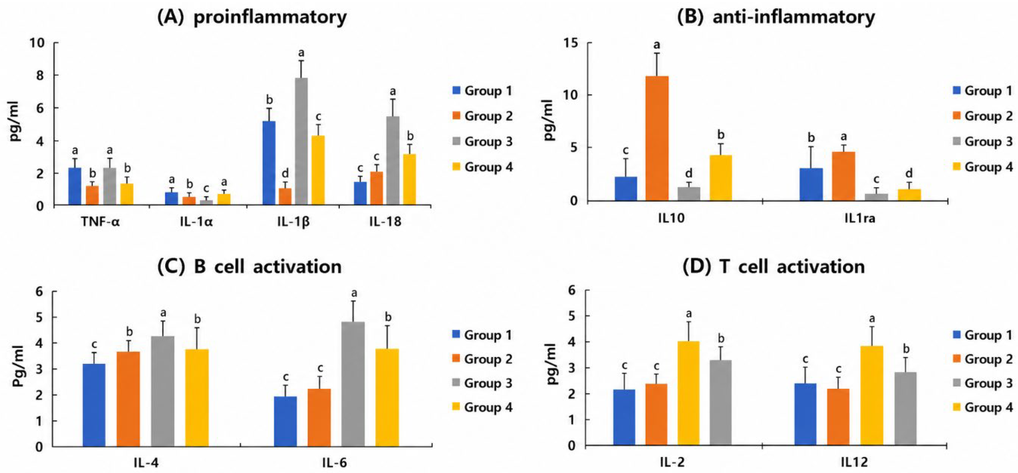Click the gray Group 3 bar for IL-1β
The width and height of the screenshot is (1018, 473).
point(301,141)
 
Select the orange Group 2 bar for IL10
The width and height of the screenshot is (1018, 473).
point(657,138)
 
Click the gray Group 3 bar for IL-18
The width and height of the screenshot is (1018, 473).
point(393,161)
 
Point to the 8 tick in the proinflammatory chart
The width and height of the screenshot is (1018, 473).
point(40,75)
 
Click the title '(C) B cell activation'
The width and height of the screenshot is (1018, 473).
point(249,267)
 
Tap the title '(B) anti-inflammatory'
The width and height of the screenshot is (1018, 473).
point(776,17)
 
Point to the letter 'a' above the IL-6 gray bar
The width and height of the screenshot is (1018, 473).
point(354,293)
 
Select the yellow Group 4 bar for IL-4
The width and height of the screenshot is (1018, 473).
point(197,398)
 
